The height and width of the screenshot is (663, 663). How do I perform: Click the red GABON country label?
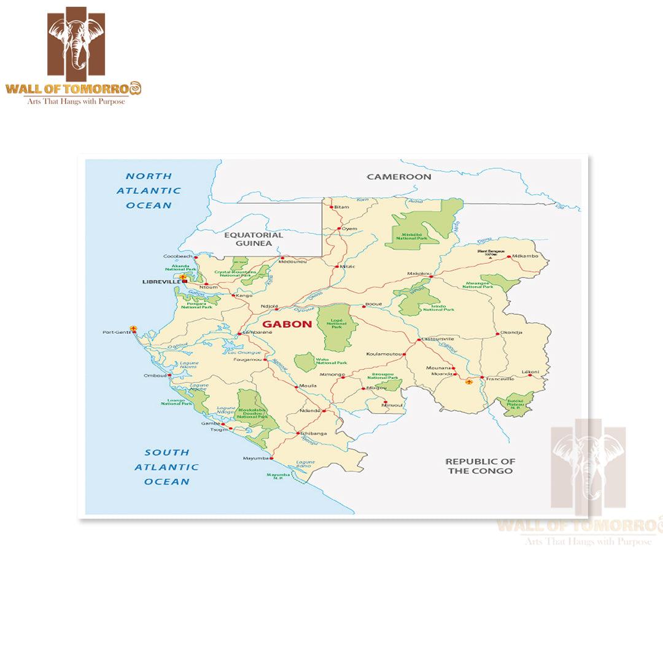pyautogui.click(x=287, y=324)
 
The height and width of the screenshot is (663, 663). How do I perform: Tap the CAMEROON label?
pyautogui.click(x=399, y=177)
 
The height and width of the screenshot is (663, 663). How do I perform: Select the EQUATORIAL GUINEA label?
pyautogui.click(x=254, y=239)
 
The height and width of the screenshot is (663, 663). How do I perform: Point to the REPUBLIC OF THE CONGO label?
pyautogui.click(x=480, y=466)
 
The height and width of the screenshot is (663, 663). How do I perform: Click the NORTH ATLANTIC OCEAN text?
pyautogui.click(x=149, y=190)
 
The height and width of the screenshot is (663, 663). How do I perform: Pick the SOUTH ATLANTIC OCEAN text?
pyautogui.click(x=167, y=467)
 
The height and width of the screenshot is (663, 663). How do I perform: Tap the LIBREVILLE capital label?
pyautogui.click(x=161, y=282)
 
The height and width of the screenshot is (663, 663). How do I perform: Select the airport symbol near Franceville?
pyautogui.click(x=470, y=382)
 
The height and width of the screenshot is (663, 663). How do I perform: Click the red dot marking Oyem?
pyautogui.click(x=338, y=228)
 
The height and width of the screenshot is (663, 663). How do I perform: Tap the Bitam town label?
pyautogui.click(x=342, y=207)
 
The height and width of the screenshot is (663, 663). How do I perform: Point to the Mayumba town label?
pyautogui.click(x=257, y=458)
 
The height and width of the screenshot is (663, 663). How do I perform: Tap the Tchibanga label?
pyautogui.click(x=314, y=433)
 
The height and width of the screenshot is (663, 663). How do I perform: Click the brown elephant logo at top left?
pyautogui.click(x=76, y=41)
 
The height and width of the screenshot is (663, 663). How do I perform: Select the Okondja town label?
pyautogui.click(x=511, y=332)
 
